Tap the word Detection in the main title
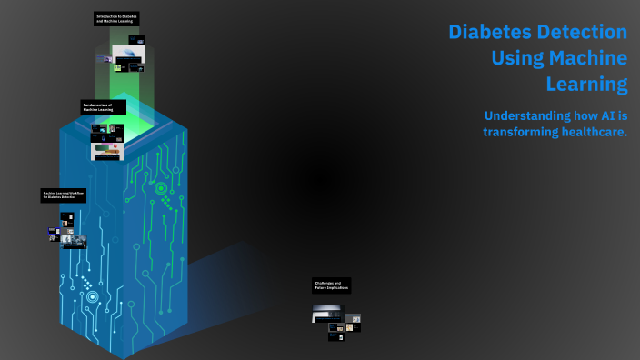tap(586, 33)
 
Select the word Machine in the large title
tap(587, 58)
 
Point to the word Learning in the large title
tap(586, 85)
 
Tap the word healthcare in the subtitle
tap(596, 132)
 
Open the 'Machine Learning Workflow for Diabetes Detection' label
tap(64, 195)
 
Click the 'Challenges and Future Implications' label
tap(331, 285)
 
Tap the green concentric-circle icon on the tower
tap(161, 189)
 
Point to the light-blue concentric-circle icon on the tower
tap(92, 296)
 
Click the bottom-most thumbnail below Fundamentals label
tap(106, 156)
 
